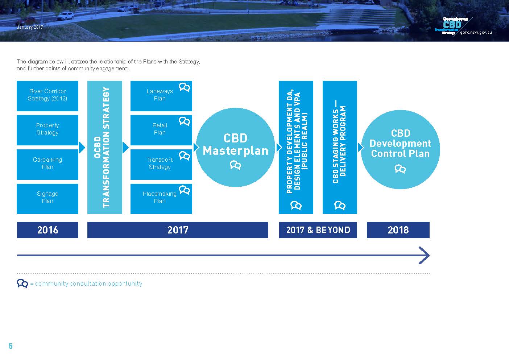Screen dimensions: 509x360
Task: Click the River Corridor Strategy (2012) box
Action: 47,96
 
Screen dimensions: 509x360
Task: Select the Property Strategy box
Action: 47,130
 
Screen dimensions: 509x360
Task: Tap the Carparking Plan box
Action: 47,164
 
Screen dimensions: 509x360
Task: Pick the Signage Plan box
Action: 47,199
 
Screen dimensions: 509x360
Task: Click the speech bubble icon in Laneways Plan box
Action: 184,87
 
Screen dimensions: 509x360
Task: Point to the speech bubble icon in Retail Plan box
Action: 184,121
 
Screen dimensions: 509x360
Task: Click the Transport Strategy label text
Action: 160,163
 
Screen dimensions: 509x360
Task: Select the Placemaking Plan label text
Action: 160,197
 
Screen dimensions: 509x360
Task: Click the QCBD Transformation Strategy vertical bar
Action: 105,147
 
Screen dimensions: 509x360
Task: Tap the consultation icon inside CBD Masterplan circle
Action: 235,165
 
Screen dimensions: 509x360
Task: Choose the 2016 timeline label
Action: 47,230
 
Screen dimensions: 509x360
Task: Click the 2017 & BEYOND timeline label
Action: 318,230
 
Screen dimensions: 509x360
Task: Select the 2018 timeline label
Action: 398,230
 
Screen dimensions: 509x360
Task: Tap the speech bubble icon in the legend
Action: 22,284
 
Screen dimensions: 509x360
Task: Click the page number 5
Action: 11,346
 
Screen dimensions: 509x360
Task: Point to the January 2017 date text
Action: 30,27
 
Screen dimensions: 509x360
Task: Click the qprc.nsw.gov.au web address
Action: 476,33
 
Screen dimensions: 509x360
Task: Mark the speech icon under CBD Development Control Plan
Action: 400,169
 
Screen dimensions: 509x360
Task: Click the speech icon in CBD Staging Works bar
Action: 340,206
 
